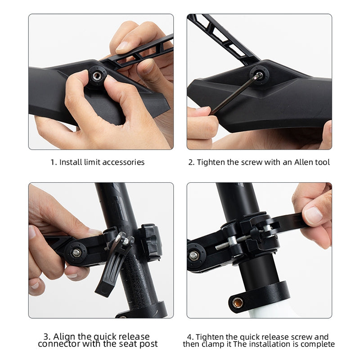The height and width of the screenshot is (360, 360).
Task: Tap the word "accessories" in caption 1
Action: (x=123, y=162)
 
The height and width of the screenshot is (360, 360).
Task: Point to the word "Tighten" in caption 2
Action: (x=211, y=162)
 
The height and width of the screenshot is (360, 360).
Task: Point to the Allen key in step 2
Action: (x=237, y=94)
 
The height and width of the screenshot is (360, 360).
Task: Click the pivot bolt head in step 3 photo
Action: (x=76, y=253)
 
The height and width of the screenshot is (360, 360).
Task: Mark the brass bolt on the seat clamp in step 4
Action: (x=238, y=303)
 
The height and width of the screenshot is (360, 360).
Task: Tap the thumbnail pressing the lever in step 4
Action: (x=313, y=216)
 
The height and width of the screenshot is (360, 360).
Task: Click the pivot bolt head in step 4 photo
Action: (x=194, y=255)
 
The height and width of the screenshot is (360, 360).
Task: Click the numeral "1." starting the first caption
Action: (x=54, y=162)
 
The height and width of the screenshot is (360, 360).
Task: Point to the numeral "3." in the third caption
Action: (x=47, y=337)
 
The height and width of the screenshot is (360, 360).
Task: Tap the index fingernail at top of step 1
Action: (x=123, y=46)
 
